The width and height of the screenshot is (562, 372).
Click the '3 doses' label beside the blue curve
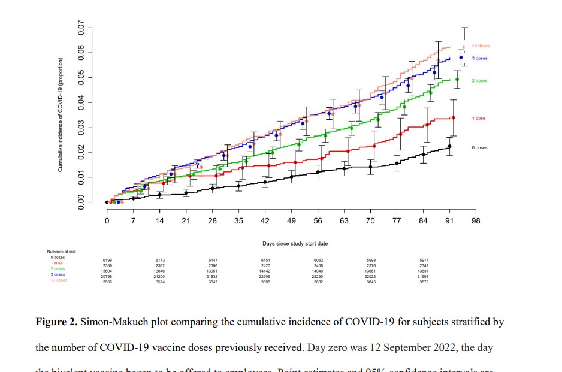(x=479, y=58)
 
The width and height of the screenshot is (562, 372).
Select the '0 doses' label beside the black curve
(x=479, y=147)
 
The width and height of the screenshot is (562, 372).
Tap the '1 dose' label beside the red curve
(x=478, y=118)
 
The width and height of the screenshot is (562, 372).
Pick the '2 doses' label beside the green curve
(x=479, y=80)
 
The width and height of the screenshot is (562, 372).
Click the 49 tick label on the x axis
(x=291, y=220)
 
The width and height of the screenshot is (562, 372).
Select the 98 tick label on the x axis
(x=476, y=220)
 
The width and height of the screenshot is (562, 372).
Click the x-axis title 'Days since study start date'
(x=295, y=244)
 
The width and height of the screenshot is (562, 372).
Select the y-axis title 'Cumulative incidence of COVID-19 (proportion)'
(x=61, y=115)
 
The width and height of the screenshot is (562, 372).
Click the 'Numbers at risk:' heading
(x=62, y=252)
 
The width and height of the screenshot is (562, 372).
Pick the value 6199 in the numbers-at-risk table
(x=108, y=259)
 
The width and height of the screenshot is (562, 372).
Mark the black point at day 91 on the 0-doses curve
(x=449, y=146)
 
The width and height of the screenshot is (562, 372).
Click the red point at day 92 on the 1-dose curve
(x=453, y=118)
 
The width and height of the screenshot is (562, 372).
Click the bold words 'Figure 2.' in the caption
(x=57, y=322)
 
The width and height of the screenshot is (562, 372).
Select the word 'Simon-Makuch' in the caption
(x=114, y=322)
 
